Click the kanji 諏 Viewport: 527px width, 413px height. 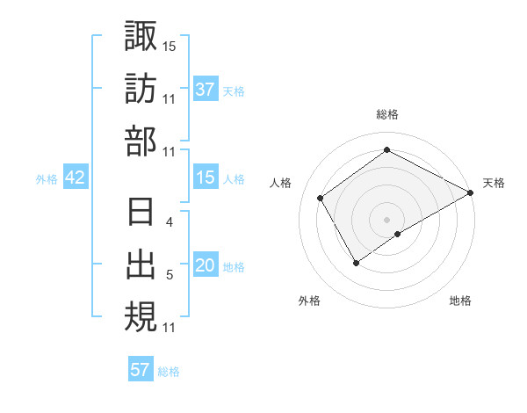click(x=141, y=38)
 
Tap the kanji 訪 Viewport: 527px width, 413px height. click(x=141, y=90)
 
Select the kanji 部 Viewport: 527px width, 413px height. click(x=141, y=141)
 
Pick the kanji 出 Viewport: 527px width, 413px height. click(x=141, y=264)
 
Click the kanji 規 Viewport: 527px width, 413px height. click(x=141, y=315)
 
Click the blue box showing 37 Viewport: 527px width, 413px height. click(x=206, y=90)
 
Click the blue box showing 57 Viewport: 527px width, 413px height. click(x=141, y=370)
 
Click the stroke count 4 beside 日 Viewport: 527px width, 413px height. click(x=170, y=222)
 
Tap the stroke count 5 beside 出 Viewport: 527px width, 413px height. click(x=170, y=275)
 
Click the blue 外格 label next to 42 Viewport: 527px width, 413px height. click(x=47, y=179)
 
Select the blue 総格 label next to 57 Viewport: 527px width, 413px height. click(x=169, y=372)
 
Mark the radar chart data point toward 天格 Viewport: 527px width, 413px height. click(x=471, y=193)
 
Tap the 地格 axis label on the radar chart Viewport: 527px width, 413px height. click(x=460, y=301)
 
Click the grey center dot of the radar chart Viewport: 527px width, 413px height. click(x=386, y=218)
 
